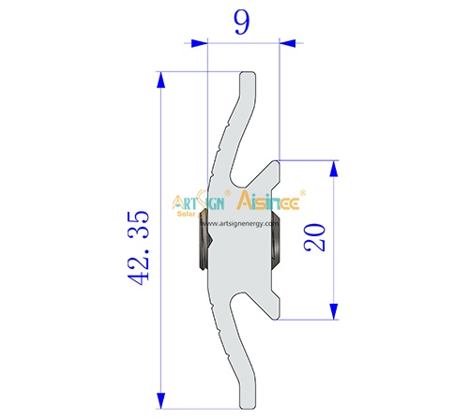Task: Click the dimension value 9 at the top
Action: tap(241, 22)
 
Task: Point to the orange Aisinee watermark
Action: tap(272, 201)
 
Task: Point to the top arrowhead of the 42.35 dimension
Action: tap(162, 79)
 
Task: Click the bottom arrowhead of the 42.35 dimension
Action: tap(162, 400)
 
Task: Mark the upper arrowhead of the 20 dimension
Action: tap(333, 167)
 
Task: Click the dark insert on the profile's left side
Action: tap(200, 241)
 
